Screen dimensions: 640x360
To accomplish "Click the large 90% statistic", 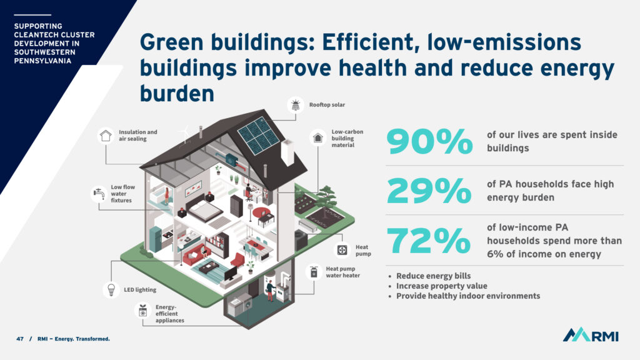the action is tap(429, 141).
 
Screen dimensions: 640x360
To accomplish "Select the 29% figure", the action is tap(429, 190).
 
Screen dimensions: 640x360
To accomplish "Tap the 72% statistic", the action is tap(428, 240).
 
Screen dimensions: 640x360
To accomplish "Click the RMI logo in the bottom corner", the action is tap(591, 335).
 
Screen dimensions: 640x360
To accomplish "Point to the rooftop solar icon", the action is tap(296, 105).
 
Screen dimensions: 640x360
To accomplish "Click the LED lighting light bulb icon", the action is tap(111, 289).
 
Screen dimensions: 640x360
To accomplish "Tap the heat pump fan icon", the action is tap(342, 250).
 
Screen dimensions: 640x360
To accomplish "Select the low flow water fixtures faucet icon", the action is tap(99, 194).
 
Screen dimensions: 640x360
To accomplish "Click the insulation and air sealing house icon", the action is tap(106, 136).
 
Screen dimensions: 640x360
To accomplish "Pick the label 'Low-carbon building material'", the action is tap(347, 138).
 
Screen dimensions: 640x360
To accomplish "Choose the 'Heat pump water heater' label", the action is tap(343, 272).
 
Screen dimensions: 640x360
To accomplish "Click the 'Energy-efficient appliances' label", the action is tap(169, 314).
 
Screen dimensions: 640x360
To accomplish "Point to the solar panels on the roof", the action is tap(258, 136).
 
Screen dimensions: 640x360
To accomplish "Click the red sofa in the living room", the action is tap(196, 255).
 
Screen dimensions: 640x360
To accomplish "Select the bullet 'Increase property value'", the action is tap(442, 286).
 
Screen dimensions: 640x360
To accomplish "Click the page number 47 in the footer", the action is tap(20, 339).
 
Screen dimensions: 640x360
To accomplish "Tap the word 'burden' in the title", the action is tap(177, 94).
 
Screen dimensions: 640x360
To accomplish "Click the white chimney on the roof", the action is tap(287, 152).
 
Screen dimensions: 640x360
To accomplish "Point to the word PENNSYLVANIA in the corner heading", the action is tap(42, 61).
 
